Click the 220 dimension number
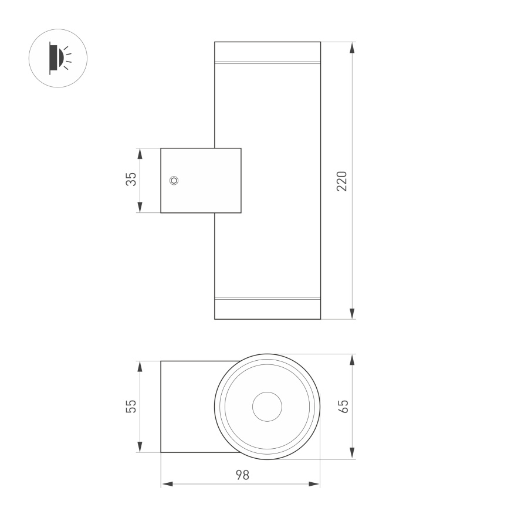pos(343,181)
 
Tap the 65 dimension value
pos(344,406)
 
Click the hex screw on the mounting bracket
pos(174,181)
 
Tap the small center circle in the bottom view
pos(268,407)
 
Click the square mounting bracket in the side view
pos(201,181)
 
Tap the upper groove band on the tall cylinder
pos(268,62)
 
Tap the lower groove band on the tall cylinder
pos(268,299)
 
